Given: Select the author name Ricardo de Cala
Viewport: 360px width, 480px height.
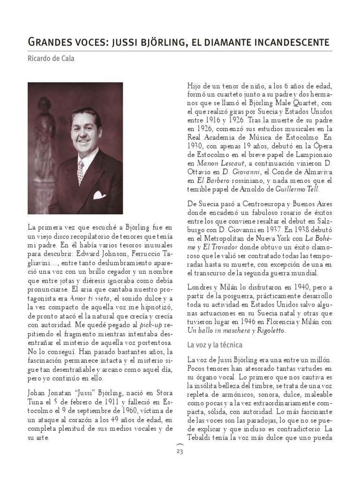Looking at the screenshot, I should coord(51,59).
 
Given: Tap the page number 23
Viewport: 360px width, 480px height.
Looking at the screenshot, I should coord(180,451).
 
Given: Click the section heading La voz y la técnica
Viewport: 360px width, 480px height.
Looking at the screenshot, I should coord(214,345).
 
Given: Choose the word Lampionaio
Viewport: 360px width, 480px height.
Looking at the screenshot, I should coord(309,155).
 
